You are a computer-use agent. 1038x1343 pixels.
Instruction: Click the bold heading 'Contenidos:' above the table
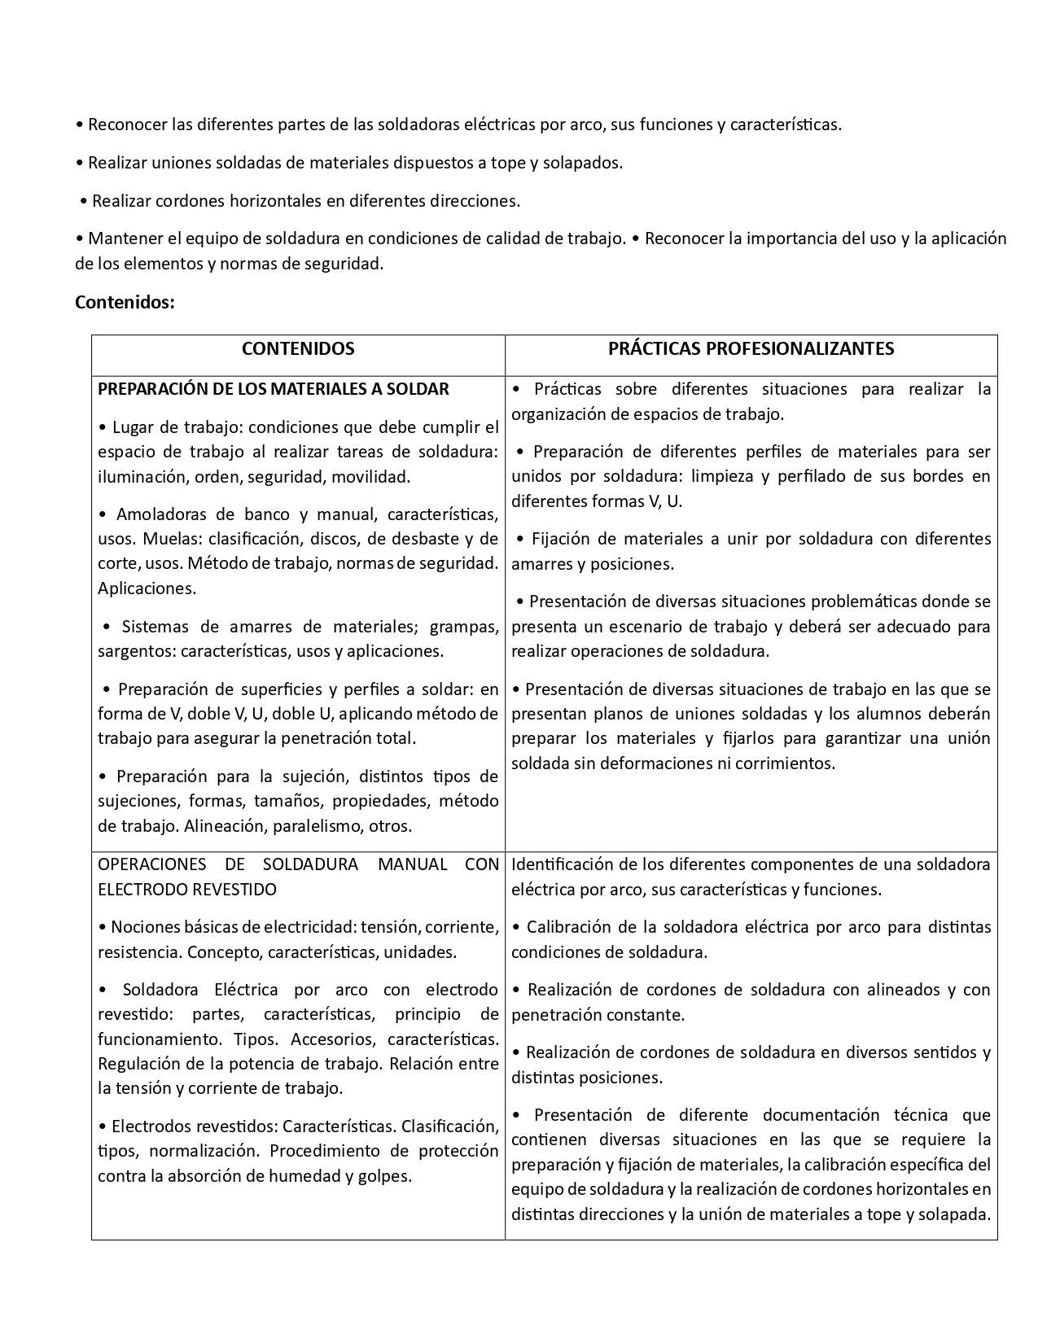tap(125, 302)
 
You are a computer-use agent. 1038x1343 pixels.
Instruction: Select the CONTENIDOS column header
tap(298, 348)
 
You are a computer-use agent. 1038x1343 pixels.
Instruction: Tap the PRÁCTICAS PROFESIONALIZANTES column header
tap(751, 348)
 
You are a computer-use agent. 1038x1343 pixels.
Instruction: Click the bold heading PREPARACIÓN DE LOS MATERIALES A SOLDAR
tap(274, 389)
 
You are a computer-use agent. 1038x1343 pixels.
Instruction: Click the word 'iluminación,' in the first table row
tap(143, 477)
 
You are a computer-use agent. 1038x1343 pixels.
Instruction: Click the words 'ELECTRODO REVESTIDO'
tap(187, 889)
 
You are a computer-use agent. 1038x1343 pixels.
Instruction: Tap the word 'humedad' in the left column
tap(312, 1175)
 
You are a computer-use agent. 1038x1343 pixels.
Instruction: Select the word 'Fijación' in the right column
tap(562, 539)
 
